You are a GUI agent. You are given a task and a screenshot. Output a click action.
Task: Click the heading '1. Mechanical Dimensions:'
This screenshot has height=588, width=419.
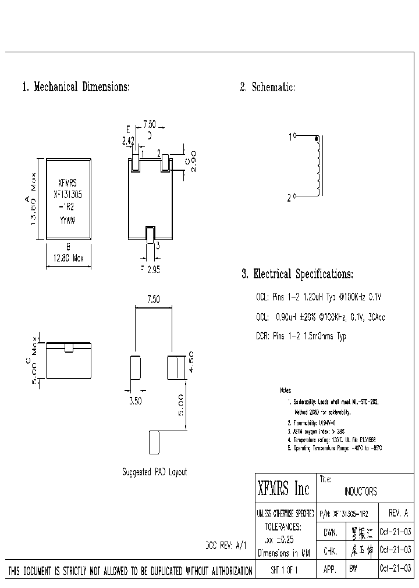tap(76, 87)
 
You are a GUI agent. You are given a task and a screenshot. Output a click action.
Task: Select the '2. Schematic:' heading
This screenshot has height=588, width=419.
tap(268, 87)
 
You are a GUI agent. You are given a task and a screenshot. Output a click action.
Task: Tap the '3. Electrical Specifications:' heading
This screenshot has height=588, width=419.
tap(297, 274)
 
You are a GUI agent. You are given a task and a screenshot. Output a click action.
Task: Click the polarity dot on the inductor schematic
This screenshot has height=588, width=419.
tap(317, 139)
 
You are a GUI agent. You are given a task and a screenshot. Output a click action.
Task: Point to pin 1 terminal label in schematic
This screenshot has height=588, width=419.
tap(290, 137)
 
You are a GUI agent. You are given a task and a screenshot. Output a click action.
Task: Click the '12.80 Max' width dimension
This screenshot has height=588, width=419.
tap(68, 259)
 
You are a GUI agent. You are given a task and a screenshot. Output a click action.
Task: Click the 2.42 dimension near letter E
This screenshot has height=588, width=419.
tap(128, 141)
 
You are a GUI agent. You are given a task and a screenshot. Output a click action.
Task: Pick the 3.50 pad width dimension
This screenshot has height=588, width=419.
tap(135, 400)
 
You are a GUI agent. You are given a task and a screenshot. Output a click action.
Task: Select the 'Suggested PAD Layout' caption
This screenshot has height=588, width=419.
tap(154, 472)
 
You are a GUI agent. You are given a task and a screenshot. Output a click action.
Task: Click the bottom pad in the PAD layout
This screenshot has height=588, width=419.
tap(154, 443)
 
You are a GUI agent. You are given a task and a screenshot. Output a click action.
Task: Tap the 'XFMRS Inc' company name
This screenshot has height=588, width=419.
tap(284, 489)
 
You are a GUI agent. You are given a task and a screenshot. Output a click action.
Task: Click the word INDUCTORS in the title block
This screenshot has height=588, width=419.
tap(360, 492)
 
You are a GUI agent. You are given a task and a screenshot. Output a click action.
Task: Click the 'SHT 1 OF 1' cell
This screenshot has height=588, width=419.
tap(284, 571)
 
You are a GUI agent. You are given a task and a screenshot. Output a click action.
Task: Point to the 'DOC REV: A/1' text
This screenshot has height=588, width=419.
tap(227, 546)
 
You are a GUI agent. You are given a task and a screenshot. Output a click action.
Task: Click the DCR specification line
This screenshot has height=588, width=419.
tap(301, 336)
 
